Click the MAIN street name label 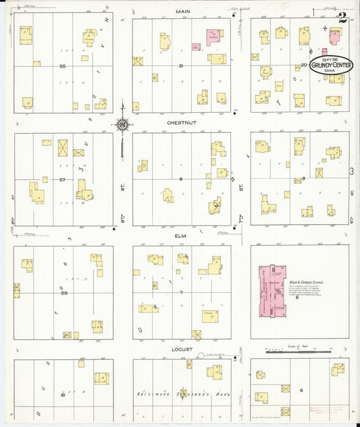click(182, 11)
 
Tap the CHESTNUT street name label click(182, 124)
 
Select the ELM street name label click(180, 236)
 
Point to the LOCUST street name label click(182, 349)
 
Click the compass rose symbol click(122, 124)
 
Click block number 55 click(62, 66)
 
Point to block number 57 click(62, 180)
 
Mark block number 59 click(63, 293)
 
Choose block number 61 click(62, 394)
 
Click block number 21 click(181, 66)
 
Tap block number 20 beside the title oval click(305, 65)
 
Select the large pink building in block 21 click(215, 38)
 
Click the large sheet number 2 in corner click(343, 18)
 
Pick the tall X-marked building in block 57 click(63, 147)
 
